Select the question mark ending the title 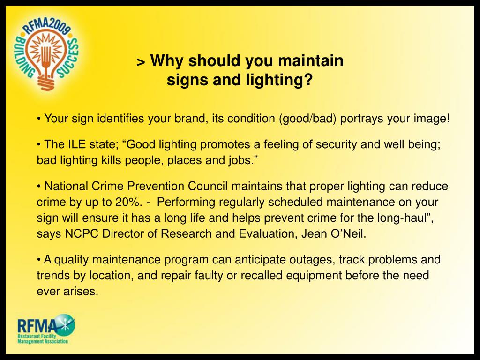(x=308, y=81)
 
